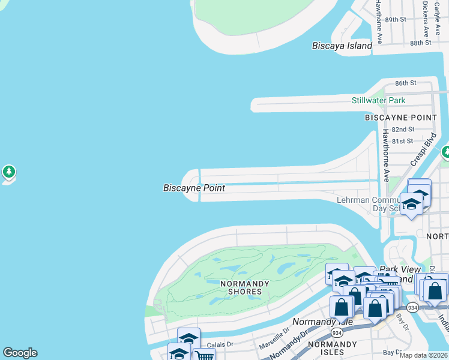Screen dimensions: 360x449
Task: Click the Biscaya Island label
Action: (x=342, y=46)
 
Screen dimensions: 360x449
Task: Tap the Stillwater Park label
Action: (x=378, y=100)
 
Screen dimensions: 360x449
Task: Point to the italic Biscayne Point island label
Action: (x=194, y=188)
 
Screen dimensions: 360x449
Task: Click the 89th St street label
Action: (x=396, y=20)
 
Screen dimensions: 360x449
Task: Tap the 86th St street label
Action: (x=406, y=83)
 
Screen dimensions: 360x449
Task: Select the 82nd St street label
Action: (x=403, y=130)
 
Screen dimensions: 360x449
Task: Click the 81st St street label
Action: (x=403, y=142)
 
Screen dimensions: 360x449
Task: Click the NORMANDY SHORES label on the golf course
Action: (x=241, y=287)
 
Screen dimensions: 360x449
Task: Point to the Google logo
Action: (x=20, y=352)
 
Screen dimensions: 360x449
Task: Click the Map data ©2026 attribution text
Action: (x=423, y=355)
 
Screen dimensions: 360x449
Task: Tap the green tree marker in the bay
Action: (x=8, y=173)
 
